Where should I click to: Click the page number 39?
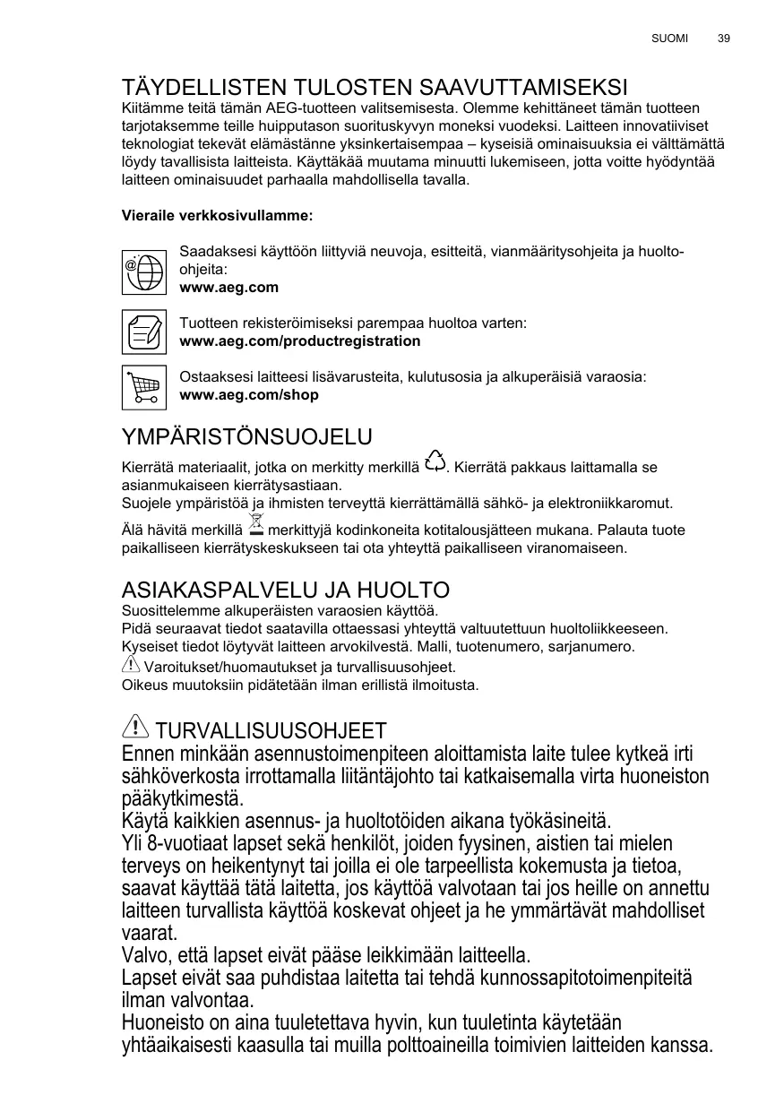click(x=724, y=39)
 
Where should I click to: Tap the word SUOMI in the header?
click(x=669, y=39)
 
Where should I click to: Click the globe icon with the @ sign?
click(x=144, y=270)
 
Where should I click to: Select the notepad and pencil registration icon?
click(x=144, y=332)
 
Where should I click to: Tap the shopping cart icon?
click(x=144, y=386)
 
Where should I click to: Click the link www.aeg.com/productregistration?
click(x=300, y=341)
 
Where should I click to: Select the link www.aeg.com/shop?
click(x=249, y=395)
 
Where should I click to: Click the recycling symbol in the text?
click(x=435, y=461)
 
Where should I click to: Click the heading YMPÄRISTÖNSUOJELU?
click(x=246, y=437)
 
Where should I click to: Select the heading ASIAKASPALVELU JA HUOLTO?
click(x=285, y=590)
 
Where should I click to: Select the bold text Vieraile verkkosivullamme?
click(x=217, y=216)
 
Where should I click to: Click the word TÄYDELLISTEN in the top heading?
click(x=202, y=88)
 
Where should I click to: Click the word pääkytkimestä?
click(x=182, y=797)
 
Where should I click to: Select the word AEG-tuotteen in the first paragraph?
click(x=307, y=108)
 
